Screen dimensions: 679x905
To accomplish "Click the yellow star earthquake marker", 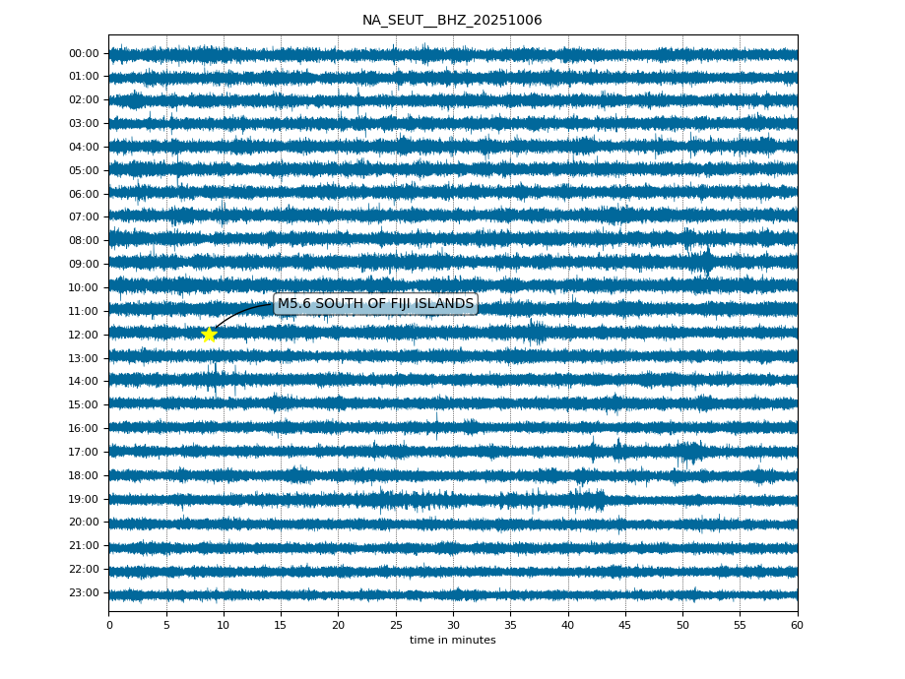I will tap(209, 335).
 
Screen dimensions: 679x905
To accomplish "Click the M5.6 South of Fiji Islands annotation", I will tap(375, 304).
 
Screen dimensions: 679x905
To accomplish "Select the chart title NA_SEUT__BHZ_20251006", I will tap(452, 21).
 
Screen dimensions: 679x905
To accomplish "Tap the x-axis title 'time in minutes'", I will tap(452, 641).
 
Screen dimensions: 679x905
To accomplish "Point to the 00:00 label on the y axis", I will tap(84, 53).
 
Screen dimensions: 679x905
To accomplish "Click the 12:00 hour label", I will tap(84, 336).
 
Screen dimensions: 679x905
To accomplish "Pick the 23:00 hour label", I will tap(84, 593).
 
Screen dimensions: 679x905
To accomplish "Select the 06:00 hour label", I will tap(84, 194).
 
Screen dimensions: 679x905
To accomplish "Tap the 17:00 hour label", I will tap(84, 453).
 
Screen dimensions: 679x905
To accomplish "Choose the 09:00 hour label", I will tap(84, 265).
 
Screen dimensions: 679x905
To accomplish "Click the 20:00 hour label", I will tap(84, 523).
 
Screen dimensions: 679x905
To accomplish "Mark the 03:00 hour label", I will tap(84, 124).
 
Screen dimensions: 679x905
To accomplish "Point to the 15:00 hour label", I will tap(84, 405).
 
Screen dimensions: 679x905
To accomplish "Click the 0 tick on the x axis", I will tap(109, 625).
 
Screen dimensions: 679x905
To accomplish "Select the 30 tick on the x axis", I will tap(453, 625).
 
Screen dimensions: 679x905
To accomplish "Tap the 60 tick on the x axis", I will tap(797, 625).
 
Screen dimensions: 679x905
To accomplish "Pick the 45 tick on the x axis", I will tap(625, 625).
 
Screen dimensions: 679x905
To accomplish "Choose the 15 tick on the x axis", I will tap(281, 625).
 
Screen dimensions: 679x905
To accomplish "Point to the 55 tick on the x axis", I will tap(740, 625).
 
